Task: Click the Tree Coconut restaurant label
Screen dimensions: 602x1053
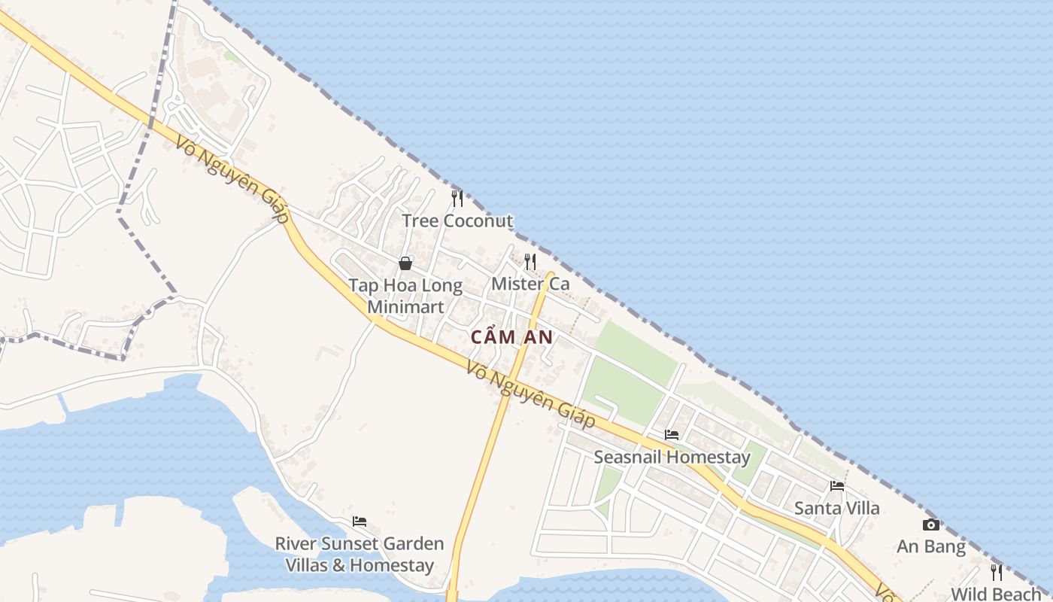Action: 457,221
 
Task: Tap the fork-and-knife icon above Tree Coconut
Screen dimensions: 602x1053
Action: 457,199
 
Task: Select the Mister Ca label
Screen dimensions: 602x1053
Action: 530,284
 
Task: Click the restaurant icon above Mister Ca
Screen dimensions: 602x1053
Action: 530,262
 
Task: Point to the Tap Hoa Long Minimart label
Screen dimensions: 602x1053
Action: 405,296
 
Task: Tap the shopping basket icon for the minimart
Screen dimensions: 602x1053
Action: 405,263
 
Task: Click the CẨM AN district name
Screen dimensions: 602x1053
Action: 512,338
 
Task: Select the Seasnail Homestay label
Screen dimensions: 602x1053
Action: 672,457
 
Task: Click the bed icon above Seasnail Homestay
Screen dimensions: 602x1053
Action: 672,435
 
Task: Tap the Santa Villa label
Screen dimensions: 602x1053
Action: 837,508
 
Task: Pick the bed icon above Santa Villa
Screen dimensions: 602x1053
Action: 837,486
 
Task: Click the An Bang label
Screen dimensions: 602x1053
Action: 931,547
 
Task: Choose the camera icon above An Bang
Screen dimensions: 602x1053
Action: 931,525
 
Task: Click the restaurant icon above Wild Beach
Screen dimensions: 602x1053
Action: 997,573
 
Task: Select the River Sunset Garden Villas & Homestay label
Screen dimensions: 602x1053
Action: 360,554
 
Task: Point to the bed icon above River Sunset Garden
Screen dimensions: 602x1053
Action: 360,521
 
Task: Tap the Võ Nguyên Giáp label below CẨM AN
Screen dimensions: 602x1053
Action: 531,395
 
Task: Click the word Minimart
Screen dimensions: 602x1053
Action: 405,307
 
